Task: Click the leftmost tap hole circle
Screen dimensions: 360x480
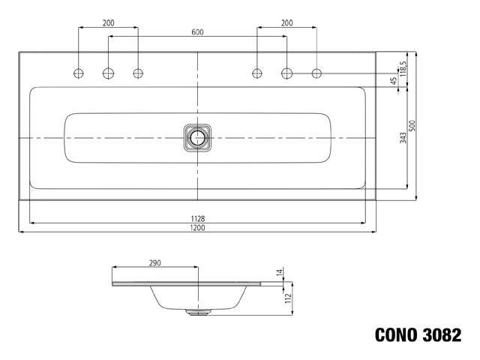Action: pyautogui.click(x=79, y=73)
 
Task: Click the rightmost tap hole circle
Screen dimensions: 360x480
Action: pyautogui.click(x=316, y=73)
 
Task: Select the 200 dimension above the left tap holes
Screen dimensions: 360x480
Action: pyautogui.click(x=109, y=23)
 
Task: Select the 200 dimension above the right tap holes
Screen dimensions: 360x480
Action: pyautogui.click(x=286, y=23)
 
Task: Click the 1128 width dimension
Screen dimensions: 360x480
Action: pyautogui.click(x=197, y=218)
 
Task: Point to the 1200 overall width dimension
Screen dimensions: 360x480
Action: pyautogui.click(x=197, y=228)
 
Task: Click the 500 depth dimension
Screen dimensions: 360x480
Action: pyautogui.click(x=412, y=124)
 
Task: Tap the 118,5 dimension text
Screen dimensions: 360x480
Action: pyautogui.click(x=403, y=68)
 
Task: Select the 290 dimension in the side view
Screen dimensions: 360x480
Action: pyautogui.click(x=154, y=263)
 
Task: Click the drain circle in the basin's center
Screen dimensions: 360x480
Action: pyautogui.click(x=197, y=137)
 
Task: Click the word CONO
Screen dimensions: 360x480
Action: pyautogui.click(x=398, y=335)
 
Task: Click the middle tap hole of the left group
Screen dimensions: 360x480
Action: pyautogui.click(x=108, y=73)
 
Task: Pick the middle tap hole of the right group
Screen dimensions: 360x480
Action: pyautogui.click(x=286, y=73)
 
